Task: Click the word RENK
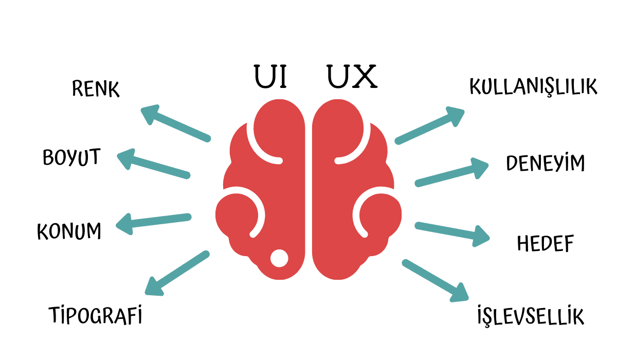(x=96, y=89)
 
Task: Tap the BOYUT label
(x=71, y=158)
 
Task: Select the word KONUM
(x=69, y=231)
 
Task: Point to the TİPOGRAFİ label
(x=95, y=315)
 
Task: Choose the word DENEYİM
(x=546, y=163)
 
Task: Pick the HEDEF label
(x=545, y=244)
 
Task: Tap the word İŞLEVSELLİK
(x=531, y=316)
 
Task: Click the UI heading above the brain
(x=270, y=77)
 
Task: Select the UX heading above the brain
(x=352, y=77)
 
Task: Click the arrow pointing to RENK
(x=176, y=123)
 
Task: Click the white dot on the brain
(x=279, y=258)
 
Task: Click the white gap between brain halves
(x=309, y=195)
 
